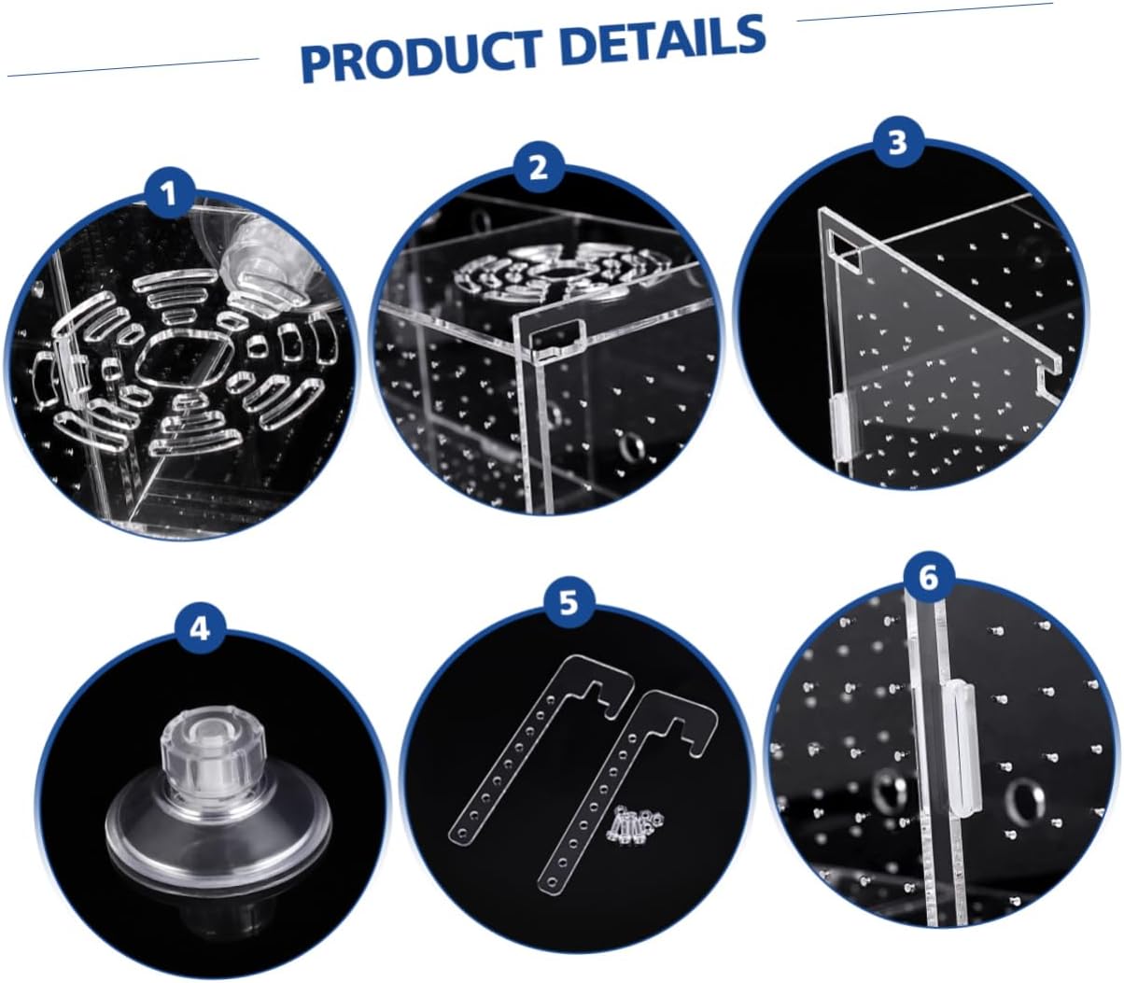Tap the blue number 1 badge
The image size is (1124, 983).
pyautogui.click(x=170, y=196)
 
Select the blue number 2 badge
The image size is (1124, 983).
pyautogui.click(x=539, y=168)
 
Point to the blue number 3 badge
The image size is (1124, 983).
pyautogui.click(x=898, y=143)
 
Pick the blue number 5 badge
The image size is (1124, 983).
pyautogui.click(x=569, y=602)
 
